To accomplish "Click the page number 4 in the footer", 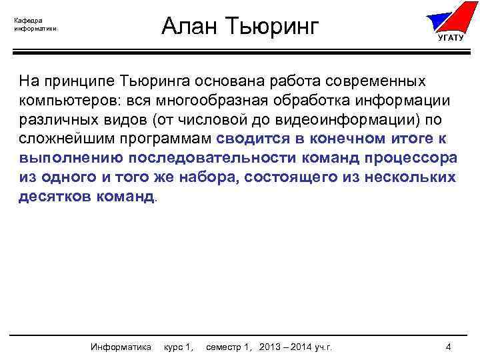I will click(449, 347).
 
